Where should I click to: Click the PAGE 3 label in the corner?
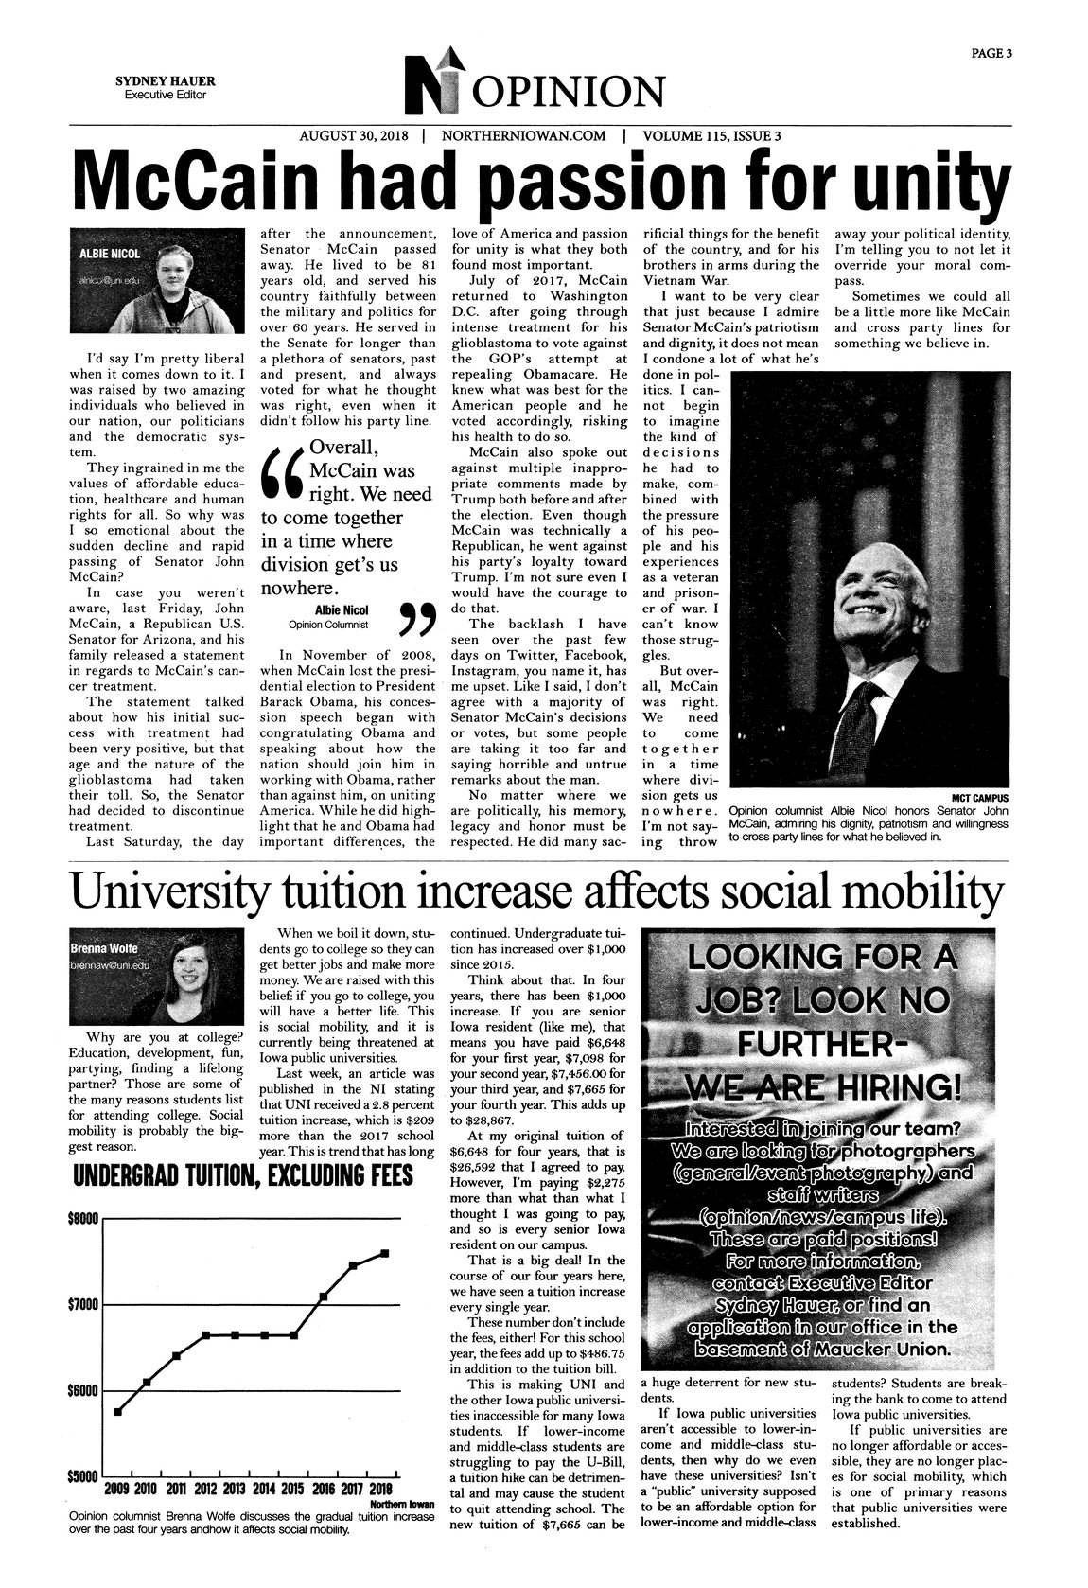[991, 54]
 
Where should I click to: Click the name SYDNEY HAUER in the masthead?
[159, 81]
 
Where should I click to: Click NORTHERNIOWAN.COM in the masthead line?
[522, 135]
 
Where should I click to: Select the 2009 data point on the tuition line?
[117, 1412]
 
